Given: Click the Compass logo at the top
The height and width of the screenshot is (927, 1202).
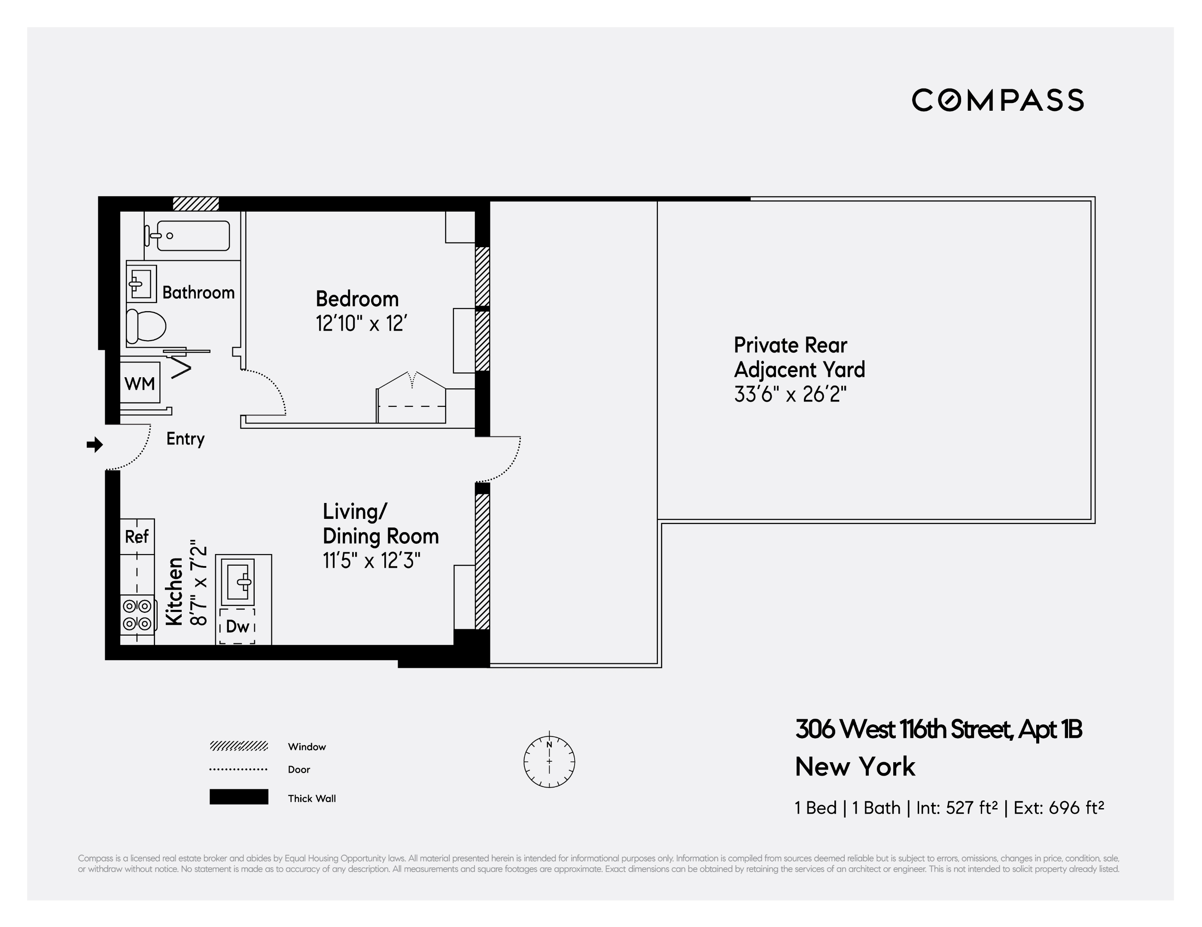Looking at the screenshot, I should (x=997, y=100).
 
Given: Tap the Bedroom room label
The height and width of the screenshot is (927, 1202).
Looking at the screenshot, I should (x=357, y=299).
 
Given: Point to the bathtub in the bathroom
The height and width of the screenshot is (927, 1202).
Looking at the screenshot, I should (x=193, y=236).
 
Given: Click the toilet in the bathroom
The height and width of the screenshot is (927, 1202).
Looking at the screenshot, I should (x=146, y=326).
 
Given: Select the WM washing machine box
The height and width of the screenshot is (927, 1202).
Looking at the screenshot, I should (x=140, y=383).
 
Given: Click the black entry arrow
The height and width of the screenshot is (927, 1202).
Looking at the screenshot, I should (x=94, y=445).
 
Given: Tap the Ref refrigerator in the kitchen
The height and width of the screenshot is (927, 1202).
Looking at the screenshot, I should (x=137, y=536).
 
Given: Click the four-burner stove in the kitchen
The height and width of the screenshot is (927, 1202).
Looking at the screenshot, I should (x=137, y=615).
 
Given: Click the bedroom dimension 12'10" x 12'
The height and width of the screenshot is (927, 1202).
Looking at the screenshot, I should (x=361, y=324).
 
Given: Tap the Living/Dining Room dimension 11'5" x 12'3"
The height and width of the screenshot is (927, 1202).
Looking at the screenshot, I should (x=371, y=560).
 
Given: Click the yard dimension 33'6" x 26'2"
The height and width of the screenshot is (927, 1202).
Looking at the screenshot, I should (x=790, y=394).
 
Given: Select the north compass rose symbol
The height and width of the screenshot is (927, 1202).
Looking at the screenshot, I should (x=549, y=762).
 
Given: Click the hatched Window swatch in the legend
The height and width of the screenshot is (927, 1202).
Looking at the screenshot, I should (x=238, y=746).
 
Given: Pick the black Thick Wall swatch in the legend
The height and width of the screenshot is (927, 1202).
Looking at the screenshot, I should (x=238, y=797).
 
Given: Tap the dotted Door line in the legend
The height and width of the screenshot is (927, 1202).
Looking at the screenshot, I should (x=238, y=769).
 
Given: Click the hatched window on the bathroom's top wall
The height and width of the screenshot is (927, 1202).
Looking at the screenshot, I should (x=196, y=203).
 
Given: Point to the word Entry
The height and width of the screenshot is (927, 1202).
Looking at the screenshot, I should (x=186, y=439).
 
